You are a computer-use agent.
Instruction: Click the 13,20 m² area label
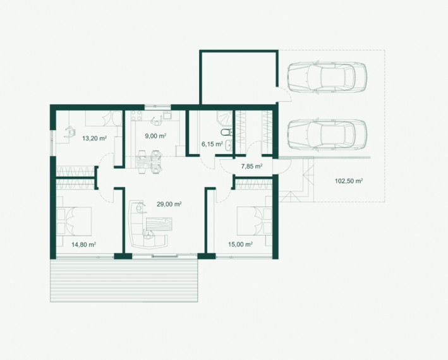[94, 138]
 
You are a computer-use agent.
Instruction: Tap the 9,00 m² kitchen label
[155, 136]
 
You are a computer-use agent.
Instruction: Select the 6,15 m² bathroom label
[212, 144]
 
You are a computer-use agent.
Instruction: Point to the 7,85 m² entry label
[251, 166]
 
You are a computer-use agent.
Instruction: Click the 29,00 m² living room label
[169, 204]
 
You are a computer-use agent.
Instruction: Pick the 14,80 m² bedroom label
[83, 244]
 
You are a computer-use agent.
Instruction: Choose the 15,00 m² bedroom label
[240, 244]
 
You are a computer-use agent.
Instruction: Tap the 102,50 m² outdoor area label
[349, 181]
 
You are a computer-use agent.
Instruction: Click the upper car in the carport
[327, 77]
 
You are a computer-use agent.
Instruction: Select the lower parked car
[327, 134]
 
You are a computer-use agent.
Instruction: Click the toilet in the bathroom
[227, 132]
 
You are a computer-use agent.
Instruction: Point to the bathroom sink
[228, 145]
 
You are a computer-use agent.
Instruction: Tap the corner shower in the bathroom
[225, 118]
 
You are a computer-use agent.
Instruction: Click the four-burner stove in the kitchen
[136, 116]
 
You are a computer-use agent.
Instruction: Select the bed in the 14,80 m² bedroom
[74, 222]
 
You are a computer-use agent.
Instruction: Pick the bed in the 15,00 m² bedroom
[254, 222]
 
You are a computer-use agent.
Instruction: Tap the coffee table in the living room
[159, 224]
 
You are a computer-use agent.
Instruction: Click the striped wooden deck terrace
[124, 280]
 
